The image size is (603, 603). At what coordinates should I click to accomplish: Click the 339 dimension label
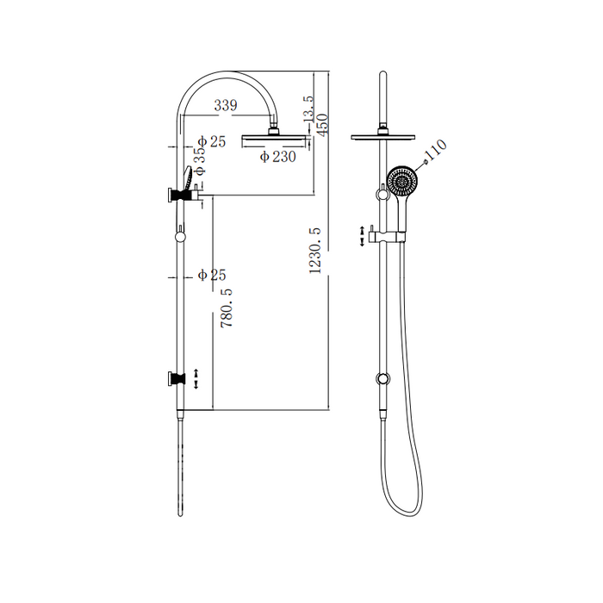(226, 105)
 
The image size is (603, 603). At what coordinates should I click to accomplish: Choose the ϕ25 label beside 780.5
(211, 275)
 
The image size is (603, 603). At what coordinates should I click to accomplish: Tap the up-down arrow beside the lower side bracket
(197, 378)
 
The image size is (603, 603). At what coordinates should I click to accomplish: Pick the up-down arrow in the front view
(362, 235)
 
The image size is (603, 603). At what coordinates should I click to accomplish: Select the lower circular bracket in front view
(380, 377)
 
